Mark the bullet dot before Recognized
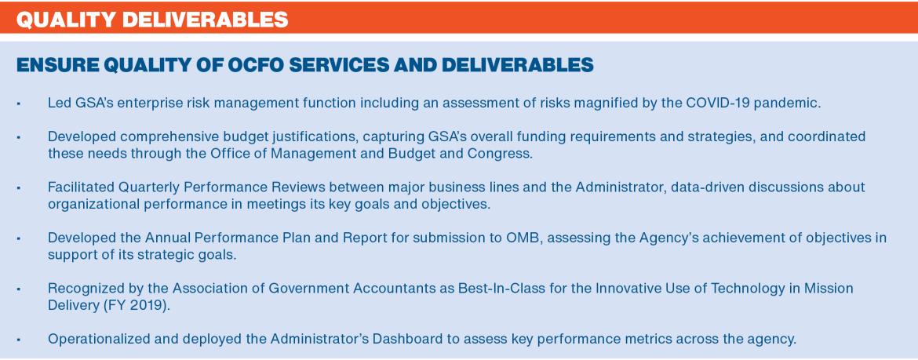coord(19,289)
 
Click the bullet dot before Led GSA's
coord(19,104)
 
